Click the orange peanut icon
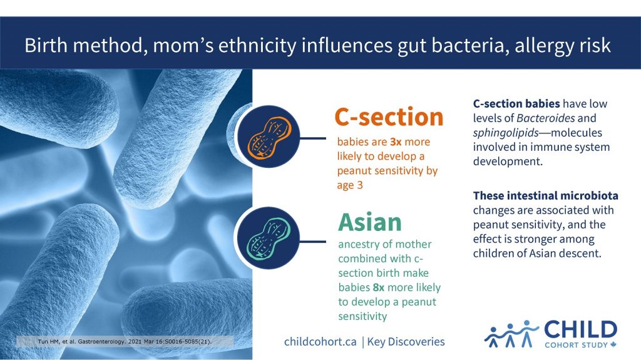[268, 136]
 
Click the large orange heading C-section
[389, 117]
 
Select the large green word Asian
[370, 222]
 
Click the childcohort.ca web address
[320, 342]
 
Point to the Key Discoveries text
[406, 342]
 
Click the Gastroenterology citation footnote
[124, 342]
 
